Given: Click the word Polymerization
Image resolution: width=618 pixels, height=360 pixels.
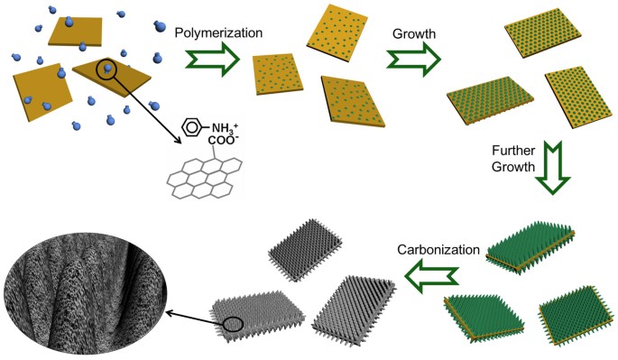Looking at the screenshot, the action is (x=218, y=32).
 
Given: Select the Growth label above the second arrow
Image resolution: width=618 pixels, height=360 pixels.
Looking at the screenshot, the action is (x=414, y=34).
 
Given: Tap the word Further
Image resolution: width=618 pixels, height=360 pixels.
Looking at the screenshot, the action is (x=513, y=151).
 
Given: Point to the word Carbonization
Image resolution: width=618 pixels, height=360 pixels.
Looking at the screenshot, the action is (x=438, y=250).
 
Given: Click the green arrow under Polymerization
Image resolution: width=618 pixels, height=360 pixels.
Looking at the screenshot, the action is (x=212, y=60).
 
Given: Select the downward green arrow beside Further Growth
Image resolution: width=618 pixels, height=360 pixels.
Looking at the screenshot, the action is (x=552, y=167).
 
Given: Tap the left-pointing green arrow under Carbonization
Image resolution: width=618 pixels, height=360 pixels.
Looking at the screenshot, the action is (x=431, y=276).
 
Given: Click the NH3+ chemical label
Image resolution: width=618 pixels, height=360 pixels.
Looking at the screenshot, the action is (x=225, y=128).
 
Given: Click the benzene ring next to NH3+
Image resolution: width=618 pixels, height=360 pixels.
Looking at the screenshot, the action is (x=191, y=127).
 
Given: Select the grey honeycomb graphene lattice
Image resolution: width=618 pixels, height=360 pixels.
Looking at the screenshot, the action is (x=205, y=178).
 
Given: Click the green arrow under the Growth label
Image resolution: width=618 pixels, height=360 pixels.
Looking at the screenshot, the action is (x=413, y=60).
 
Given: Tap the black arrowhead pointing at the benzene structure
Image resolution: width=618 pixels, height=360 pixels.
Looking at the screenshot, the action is (x=178, y=141).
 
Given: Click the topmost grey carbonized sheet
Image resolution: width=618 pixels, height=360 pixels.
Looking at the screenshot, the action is (x=305, y=250).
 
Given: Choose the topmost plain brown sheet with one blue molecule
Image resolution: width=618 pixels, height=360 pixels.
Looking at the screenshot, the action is (x=76, y=31).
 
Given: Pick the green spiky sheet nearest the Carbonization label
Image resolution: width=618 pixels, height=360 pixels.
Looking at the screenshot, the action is (x=530, y=247).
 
